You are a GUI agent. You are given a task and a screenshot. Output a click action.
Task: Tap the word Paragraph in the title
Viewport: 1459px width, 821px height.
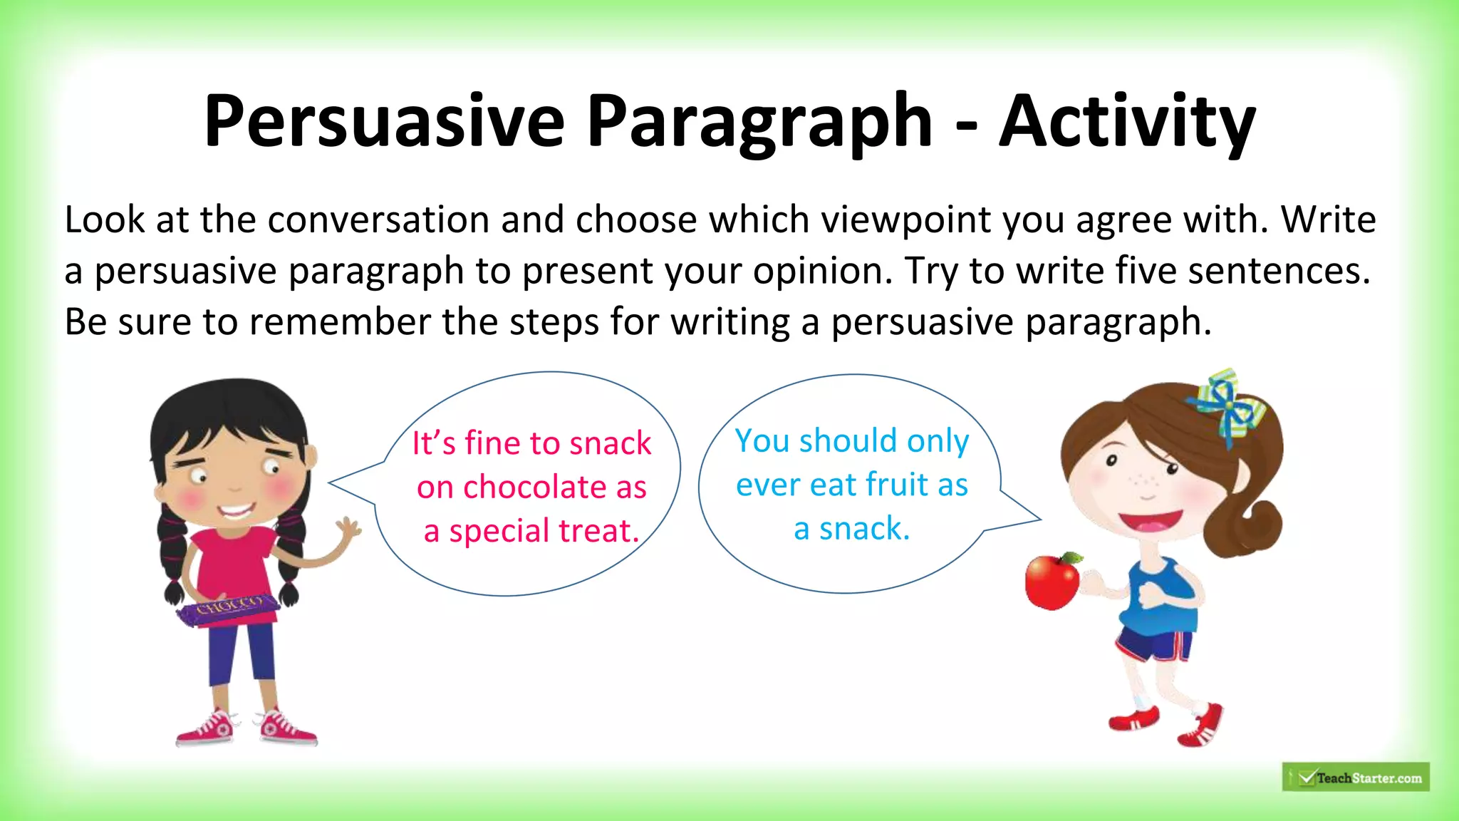[x=759, y=123]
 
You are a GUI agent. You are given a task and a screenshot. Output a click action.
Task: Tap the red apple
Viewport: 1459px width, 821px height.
[x=1053, y=581]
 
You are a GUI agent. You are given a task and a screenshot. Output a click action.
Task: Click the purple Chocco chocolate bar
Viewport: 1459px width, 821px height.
[x=228, y=609]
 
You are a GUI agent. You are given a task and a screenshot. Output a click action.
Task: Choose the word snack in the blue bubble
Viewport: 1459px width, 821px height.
[x=864, y=529]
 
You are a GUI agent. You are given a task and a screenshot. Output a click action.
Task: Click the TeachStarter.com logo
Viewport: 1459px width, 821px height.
[x=1356, y=778]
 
